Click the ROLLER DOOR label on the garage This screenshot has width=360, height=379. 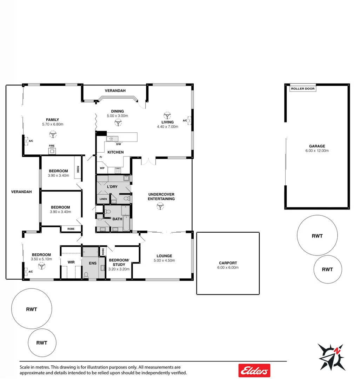point(303,89)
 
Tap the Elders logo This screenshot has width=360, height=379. point(254,370)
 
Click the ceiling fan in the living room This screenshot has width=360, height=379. point(167,115)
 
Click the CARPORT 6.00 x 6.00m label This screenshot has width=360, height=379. point(228,265)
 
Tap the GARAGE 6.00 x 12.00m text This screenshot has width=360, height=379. point(317,148)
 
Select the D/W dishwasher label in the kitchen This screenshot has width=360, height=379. point(118,144)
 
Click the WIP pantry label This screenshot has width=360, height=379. point(102,168)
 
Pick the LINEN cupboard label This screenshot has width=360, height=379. point(103,199)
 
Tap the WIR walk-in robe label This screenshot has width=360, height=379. point(71,262)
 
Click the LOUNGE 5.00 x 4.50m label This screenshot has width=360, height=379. point(164,258)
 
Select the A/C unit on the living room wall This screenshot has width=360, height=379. point(190,120)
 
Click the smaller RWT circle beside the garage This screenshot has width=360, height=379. point(327,269)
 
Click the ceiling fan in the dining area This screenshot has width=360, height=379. point(118,122)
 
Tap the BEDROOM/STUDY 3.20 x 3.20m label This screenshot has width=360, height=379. point(119,264)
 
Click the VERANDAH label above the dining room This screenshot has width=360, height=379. point(115,91)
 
